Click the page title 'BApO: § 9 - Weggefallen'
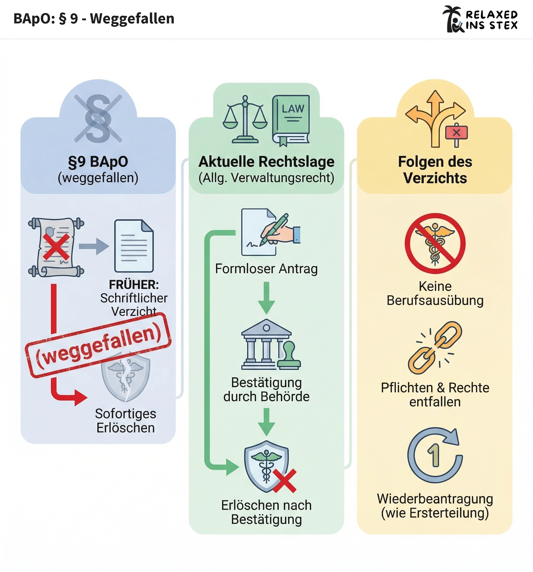pyautogui.click(x=94, y=19)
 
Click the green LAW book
pyautogui.click(x=291, y=120)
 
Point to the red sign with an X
pyautogui.click(x=456, y=133)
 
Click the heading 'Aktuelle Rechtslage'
pyautogui.click(x=266, y=162)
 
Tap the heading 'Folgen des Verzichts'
pyautogui.click(x=435, y=170)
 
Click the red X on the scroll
pyautogui.click(x=56, y=246)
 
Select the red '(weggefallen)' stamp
pyautogui.click(x=98, y=345)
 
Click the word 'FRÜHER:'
pyautogui.click(x=134, y=285)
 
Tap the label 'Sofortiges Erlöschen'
pyautogui.click(x=125, y=421)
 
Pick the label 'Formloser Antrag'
pyautogui.click(x=266, y=269)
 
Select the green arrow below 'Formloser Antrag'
pyautogui.click(x=266, y=297)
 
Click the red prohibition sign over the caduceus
pyautogui.click(x=435, y=243)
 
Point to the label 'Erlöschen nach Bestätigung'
pyautogui.click(x=266, y=512)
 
